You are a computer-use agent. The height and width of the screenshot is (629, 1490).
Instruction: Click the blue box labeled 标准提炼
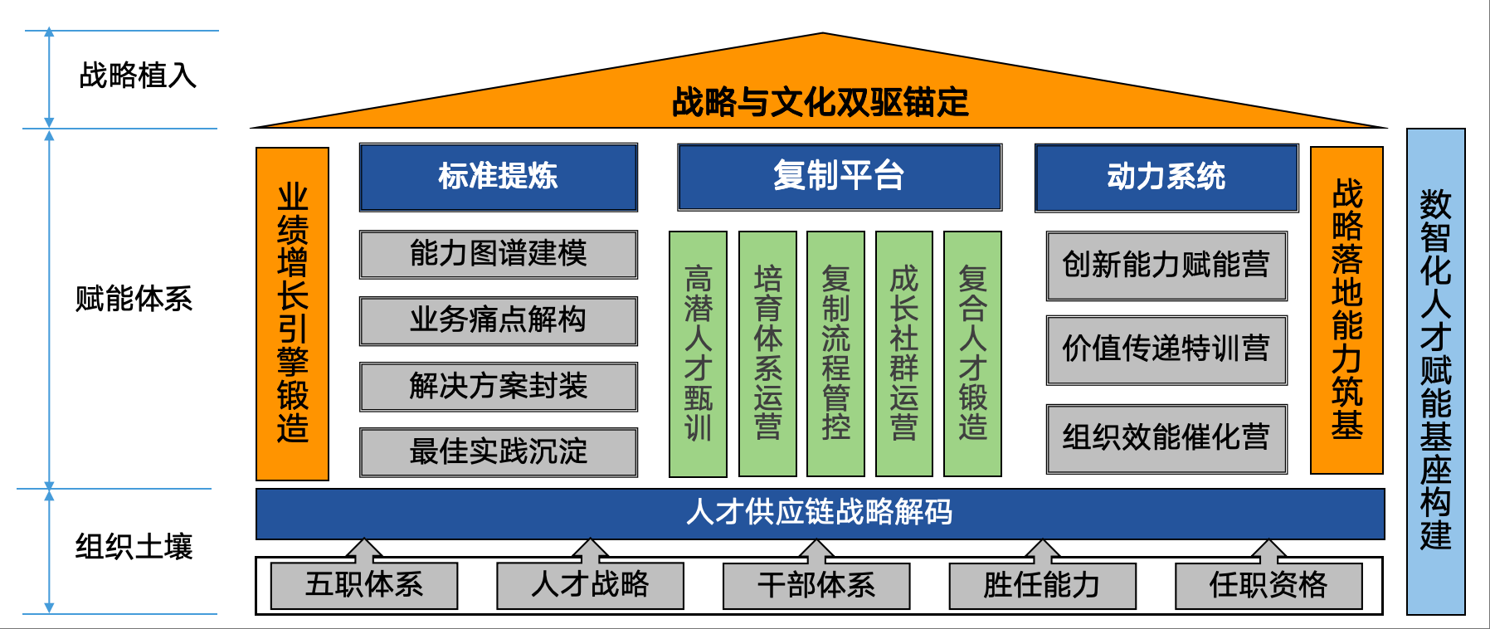click(x=498, y=177)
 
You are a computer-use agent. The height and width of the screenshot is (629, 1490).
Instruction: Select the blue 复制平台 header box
click(x=839, y=177)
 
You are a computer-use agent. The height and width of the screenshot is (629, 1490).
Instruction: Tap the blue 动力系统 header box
click(x=1166, y=177)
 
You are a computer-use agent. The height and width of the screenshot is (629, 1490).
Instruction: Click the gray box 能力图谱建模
click(x=498, y=254)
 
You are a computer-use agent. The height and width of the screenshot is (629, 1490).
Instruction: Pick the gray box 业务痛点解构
click(x=498, y=320)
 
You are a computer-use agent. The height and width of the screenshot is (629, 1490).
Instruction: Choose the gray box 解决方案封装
click(x=498, y=386)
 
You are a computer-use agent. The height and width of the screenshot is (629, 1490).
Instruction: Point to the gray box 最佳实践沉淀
click(x=498, y=451)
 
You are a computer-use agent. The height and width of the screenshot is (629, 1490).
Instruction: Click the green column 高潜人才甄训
click(x=698, y=354)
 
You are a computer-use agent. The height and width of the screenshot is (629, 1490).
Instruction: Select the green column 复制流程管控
click(x=835, y=354)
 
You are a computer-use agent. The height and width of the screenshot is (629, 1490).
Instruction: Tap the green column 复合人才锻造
click(x=972, y=354)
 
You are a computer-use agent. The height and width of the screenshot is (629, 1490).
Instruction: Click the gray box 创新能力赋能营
click(x=1166, y=266)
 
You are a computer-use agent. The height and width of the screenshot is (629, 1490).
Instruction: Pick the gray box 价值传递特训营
click(x=1166, y=349)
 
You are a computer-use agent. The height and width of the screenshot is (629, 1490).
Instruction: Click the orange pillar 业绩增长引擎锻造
click(x=292, y=314)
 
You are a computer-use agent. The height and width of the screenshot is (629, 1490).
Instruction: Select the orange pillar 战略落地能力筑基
click(x=1346, y=310)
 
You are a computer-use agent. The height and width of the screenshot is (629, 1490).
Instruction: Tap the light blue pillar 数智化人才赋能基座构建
click(x=1435, y=371)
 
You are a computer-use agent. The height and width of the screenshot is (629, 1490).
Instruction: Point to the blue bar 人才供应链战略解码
click(x=820, y=513)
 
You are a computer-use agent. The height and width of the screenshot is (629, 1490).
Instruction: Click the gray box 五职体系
click(x=364, y=585)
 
